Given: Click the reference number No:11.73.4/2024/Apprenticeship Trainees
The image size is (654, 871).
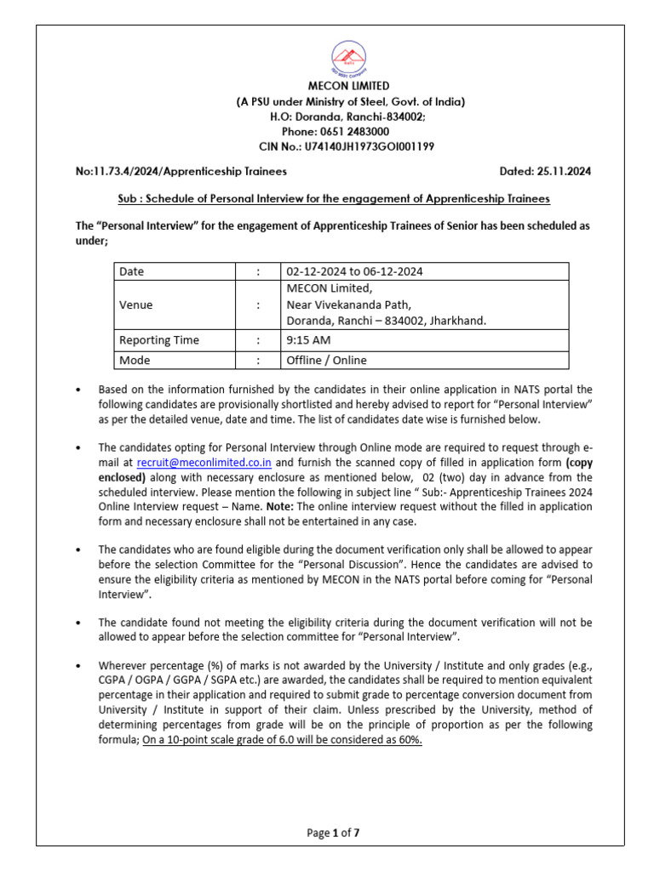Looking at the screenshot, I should tap(181, 171).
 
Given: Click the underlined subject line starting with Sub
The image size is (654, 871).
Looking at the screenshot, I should tap(334, 198).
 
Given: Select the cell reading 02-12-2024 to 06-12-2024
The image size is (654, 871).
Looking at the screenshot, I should tap(354, 271).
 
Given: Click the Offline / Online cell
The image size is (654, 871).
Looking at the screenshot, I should tap(327, 360).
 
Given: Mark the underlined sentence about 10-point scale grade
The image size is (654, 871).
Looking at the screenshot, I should tap(282, 740).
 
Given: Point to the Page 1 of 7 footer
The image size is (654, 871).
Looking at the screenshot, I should tap(334, 834).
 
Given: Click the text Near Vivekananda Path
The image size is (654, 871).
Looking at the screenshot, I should tap(348, 305).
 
